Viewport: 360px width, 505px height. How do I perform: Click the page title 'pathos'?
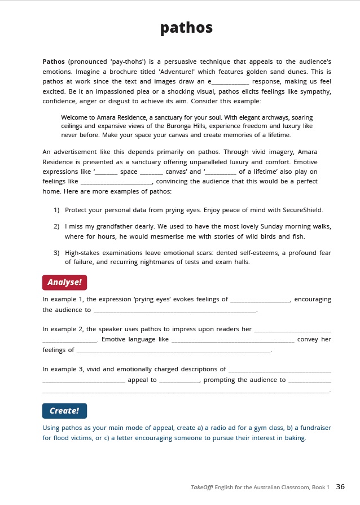pyautogui.click(x=186, y=28)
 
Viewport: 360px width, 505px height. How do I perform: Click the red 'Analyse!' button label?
pyautogui.click(x=64, y=282)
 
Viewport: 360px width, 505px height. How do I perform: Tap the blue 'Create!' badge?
pyautogui.click(x=64, y=410)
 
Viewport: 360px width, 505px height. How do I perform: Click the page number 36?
pyautogui.click(x=340, y=486)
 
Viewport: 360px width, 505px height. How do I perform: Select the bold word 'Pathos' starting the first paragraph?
pyautogui.click(x=54, y=60)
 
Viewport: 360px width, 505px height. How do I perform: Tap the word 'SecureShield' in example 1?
pyautogui.click(x=304, y=210)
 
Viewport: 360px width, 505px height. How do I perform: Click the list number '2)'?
pyautogui.click(x=57, y=226)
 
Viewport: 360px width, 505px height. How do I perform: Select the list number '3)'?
pyautogui.click(x=57, y=252)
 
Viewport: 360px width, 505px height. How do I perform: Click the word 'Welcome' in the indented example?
pyautogui.click(x=74, y=117)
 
